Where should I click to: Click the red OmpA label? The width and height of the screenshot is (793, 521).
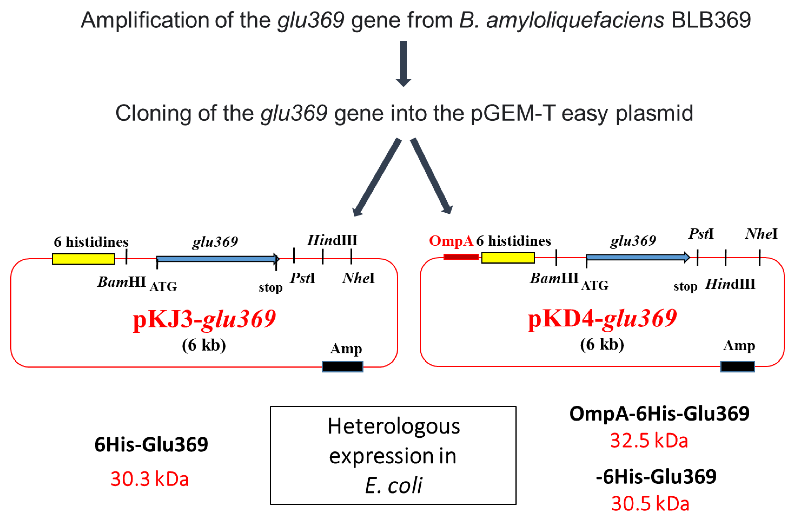pyautogui.click(x=451, y=241)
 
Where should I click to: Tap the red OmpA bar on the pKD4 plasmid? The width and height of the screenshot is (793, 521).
pyautogui.click(x=461, y=257)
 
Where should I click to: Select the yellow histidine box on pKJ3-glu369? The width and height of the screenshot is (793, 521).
pyautogui.click(x=83, y=259)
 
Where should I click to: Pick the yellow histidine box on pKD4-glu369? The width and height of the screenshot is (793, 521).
pyautogui.click(x=508, y=257)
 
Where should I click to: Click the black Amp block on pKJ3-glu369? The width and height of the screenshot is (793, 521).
pyautogui.click(x=343, y=366)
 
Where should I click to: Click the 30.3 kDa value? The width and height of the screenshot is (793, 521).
pyautogui.click(x=150, y=479)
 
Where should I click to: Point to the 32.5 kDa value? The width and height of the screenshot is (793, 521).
pyautogui.click(x=649, y=441)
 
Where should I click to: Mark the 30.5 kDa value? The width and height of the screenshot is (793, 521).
pyautogui.click(x=650, y=503)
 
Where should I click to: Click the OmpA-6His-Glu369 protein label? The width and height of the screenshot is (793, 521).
pyautogui.click(x=659, y=414)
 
